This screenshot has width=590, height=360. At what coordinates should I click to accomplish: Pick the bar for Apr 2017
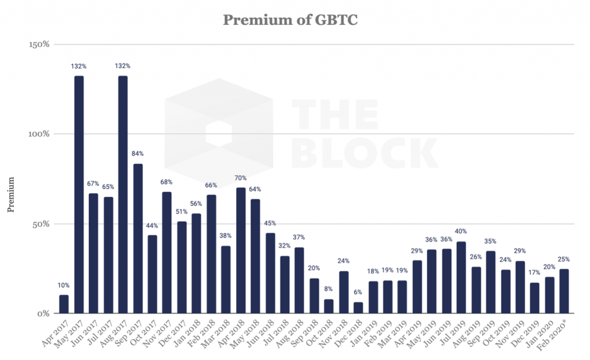click(x=64, y=304)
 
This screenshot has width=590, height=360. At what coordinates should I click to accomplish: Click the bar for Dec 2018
click(x=358, y=308)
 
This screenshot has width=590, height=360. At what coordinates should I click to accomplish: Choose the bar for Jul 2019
click(x=461, y=277)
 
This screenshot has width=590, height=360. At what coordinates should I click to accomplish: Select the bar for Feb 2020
click(x=564, y=291)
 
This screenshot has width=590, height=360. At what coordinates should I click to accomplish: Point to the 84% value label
click(x=138, y=154)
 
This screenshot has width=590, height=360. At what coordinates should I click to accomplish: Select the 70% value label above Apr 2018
click(x=240, y=178)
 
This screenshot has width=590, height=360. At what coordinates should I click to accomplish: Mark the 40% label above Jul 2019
click(x=461, y=232)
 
